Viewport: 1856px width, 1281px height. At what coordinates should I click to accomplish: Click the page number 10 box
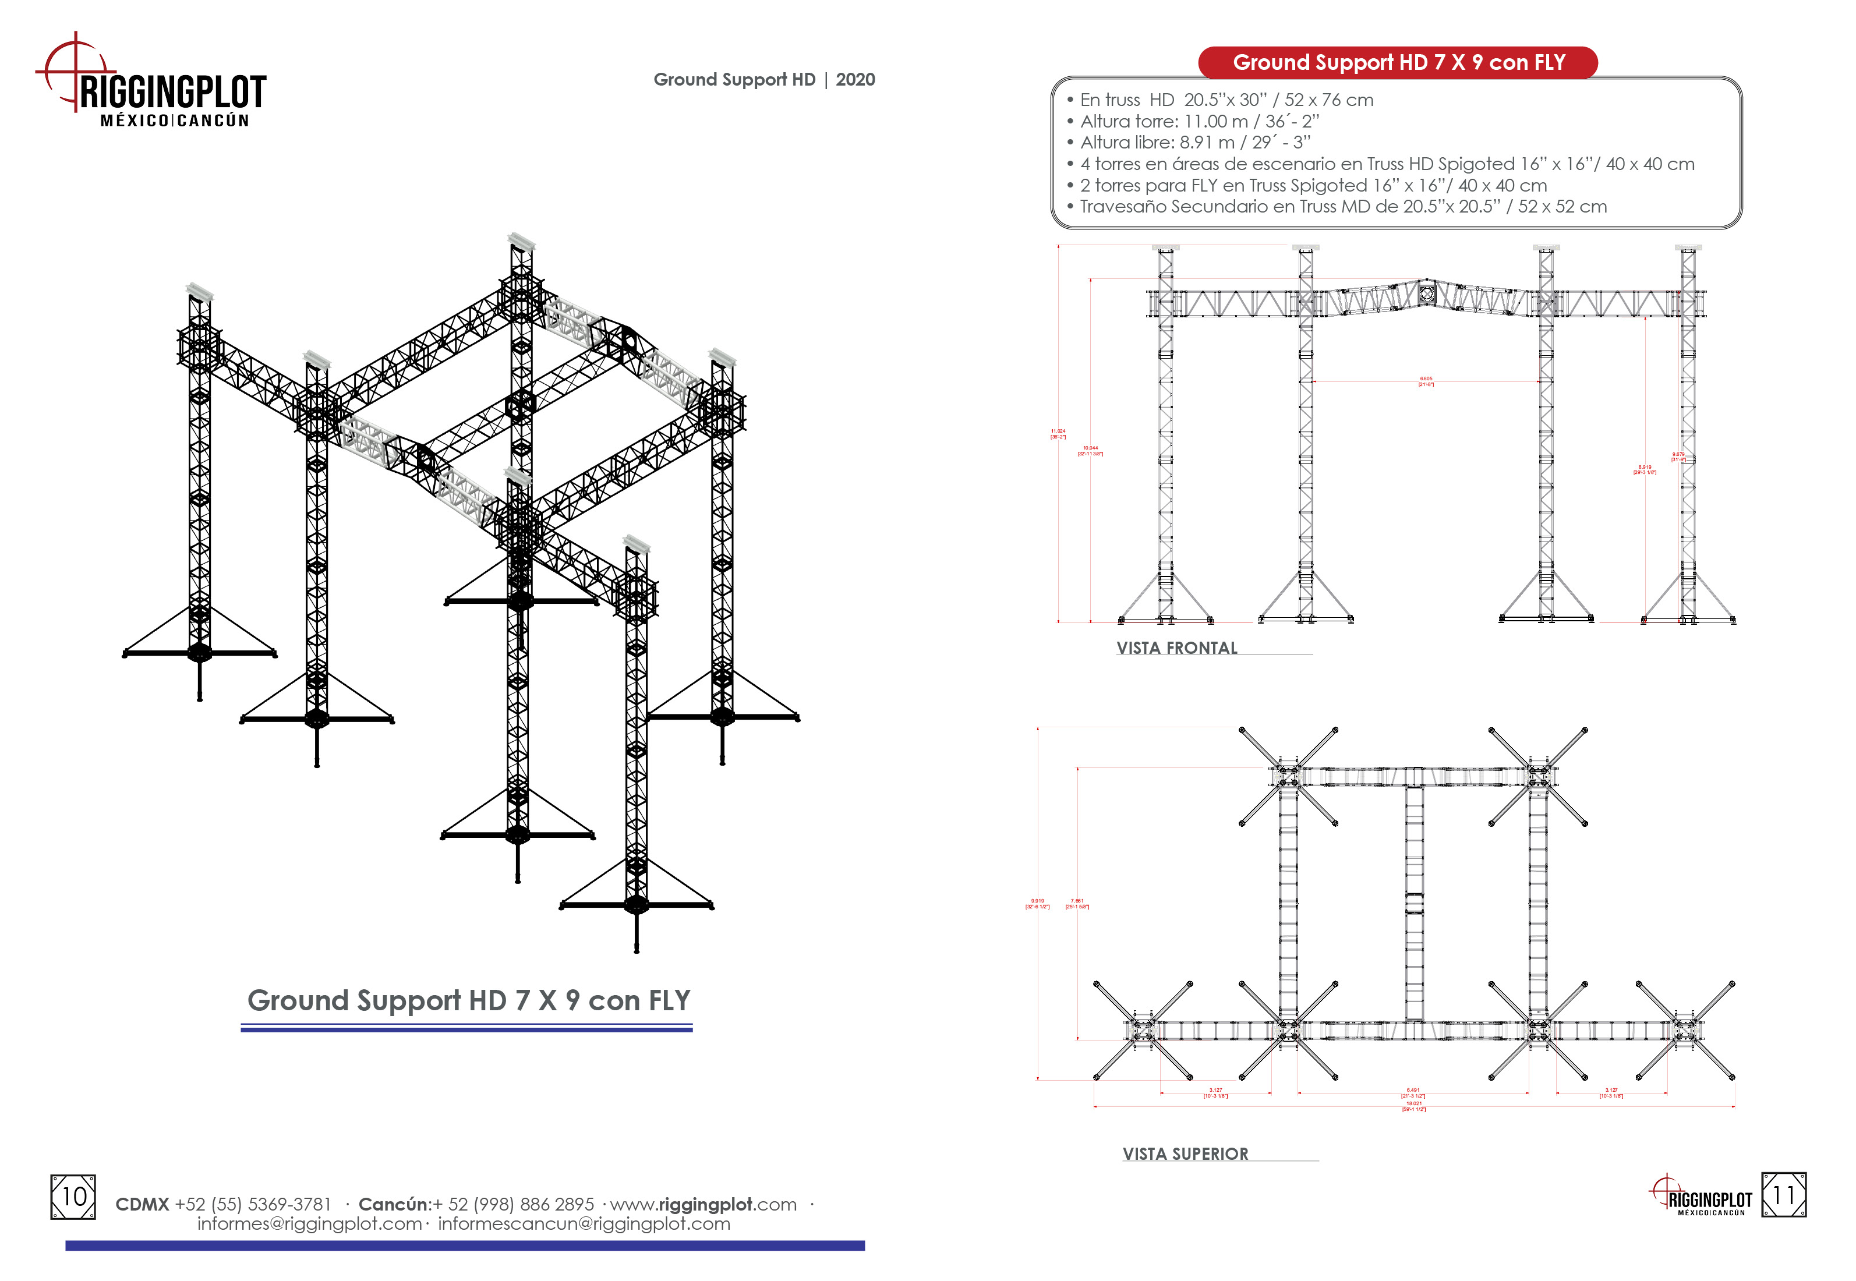click(x=73, y=1197)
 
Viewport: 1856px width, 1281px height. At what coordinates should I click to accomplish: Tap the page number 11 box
click(x=1783, y=1195)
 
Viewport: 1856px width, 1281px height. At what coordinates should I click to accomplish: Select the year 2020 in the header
click(x=855, y=79)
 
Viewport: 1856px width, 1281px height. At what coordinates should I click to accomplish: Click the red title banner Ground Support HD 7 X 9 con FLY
click(x=1398, y=63)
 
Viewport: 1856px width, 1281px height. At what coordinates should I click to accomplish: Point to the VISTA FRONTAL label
click(x=1177, y=647)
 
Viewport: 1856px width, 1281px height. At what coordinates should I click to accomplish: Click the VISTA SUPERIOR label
click(x=1185, y=1153)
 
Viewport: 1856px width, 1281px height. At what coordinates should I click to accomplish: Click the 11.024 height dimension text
click(x=1058, y=433)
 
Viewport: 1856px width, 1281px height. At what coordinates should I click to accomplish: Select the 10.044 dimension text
click(x=1090, y=450)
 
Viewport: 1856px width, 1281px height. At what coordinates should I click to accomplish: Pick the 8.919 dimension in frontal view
click(x=1644, y=469)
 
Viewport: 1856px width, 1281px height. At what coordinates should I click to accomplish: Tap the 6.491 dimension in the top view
click(x=1413, y=1092)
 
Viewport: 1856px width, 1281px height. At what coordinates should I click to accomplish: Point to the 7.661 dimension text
click(x=1077, y=904)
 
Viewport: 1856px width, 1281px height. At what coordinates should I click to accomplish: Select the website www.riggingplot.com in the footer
click(x=703, y=1204)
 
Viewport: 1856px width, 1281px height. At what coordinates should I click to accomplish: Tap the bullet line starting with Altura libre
click(x=1188, y=142)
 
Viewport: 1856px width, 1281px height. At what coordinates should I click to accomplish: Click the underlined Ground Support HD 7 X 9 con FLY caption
click(x=468, y=1000)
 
